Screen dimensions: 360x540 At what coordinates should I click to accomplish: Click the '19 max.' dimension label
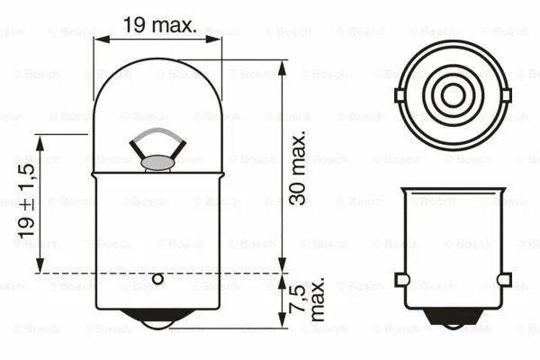pos(159,24)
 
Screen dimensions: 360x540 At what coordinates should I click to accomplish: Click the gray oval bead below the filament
pos(158,163)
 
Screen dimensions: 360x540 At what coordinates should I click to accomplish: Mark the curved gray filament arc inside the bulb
pos(158,135)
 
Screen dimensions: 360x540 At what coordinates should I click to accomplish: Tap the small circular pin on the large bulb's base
pos(158,279)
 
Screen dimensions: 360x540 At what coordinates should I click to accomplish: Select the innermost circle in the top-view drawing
pos(451,93)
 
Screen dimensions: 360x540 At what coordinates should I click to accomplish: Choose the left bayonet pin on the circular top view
pos(400,93)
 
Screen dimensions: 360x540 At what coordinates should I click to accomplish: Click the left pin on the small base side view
pos(401,280)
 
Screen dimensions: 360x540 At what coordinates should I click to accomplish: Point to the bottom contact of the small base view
pos(451,316)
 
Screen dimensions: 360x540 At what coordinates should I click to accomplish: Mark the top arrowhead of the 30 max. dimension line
pos(282,66)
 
